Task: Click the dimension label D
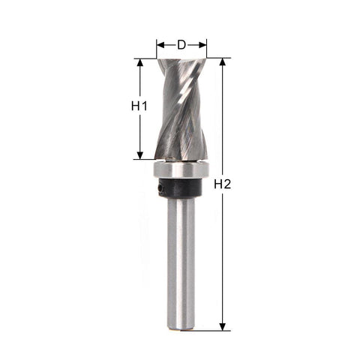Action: pyautogui.click(x=181, y=45)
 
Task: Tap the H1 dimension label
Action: pyautogui.click(x=139, y=106)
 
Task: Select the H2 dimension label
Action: pyautogui.click(x=223, y=184)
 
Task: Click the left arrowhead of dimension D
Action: pyautogui.click(x=160, y=45)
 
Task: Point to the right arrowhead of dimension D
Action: pyautogui.click(x=202, y=45)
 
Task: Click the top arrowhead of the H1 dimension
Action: pyautogui.click(x=140, y=62)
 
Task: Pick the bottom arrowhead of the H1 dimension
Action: pyautogui.click(x=140, y=155)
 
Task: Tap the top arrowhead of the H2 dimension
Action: pyautogui.click(x=222, y=61)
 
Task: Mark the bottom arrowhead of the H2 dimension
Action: pyautogui.click(x=222, y=327)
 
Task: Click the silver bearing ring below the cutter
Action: pyautogui.click(x=181, y=169)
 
